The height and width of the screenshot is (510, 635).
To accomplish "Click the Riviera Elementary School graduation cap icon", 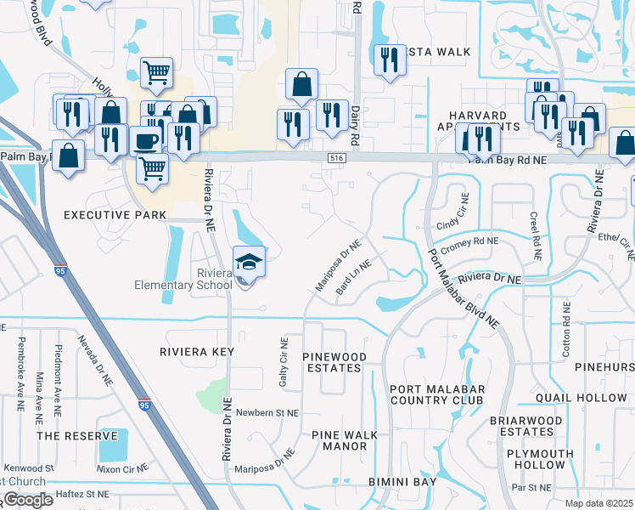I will tap(250, 262).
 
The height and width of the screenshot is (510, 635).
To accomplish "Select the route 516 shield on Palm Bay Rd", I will tap(337, 158).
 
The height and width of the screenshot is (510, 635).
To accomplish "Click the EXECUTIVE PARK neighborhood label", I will tap(115, 216).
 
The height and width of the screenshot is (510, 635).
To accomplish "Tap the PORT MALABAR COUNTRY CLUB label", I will tap(436, 394).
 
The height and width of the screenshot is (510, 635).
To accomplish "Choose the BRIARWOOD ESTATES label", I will tap(525, 426).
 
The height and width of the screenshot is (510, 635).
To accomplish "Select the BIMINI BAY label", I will tap(402, 482).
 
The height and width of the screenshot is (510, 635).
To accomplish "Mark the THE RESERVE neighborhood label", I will tap(77, 435).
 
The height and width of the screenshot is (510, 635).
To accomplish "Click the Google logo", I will tap(27, 500).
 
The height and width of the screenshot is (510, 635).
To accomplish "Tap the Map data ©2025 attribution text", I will tap(599, 503).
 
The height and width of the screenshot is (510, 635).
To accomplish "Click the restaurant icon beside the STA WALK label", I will tap(390, 59).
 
